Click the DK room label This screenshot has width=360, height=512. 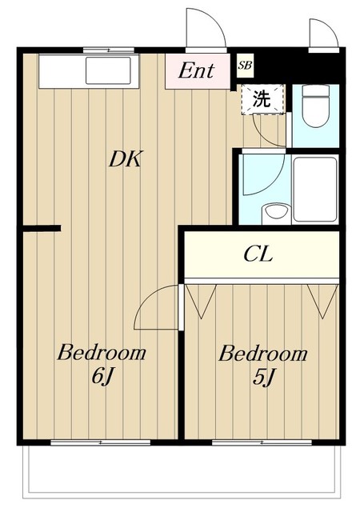click(125, 159)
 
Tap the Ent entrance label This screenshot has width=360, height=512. click(196, 71)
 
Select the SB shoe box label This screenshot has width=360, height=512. click(244, 66)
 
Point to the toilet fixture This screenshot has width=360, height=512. click(317, 108)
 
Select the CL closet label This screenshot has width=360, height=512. click(258, 255)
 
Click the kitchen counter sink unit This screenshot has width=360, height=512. click(89, 71)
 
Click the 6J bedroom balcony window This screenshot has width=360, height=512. click(100, 441)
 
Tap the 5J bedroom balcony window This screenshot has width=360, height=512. click(262, 441)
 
